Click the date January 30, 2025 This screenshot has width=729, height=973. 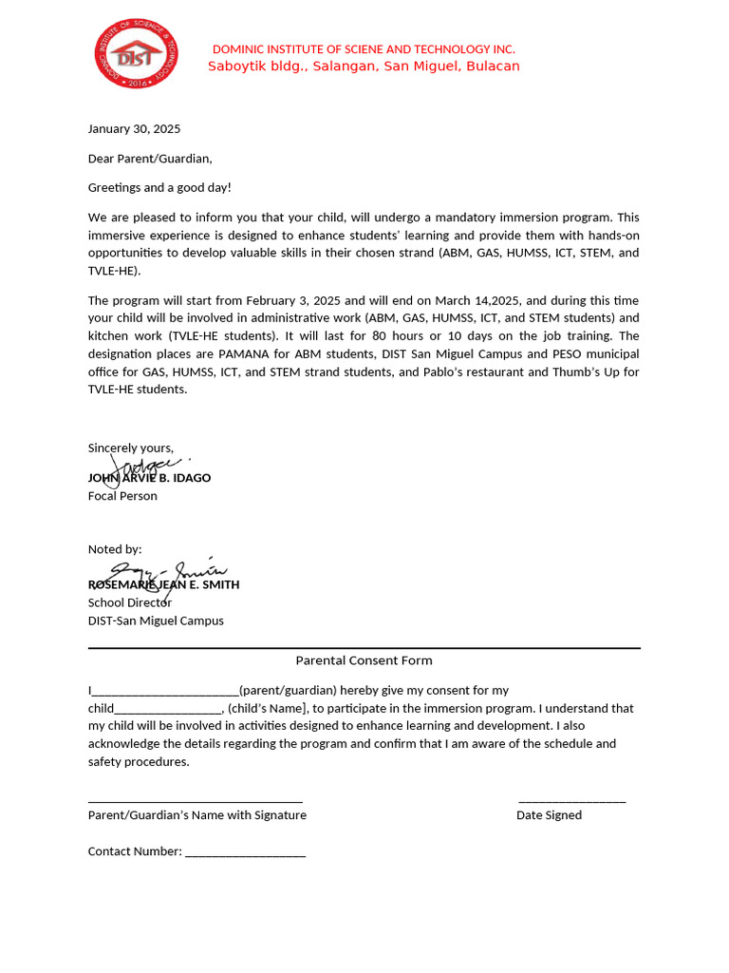pos(134,129)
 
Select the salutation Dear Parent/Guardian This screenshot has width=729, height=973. pos(150,159)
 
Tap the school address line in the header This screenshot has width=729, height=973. pos(364,67)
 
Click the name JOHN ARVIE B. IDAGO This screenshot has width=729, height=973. pos(149,478)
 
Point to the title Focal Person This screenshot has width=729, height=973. pos(122,496)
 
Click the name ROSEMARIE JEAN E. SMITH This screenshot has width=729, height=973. pos(163,584)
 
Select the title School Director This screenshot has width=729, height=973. pos(130,602)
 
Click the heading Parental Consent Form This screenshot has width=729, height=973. pos(364,660)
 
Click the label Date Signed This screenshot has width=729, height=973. pos(549,815)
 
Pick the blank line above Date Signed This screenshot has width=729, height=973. pos(571,801)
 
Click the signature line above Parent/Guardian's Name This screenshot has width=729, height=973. pos(195,801)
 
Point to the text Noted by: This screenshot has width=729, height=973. pos(115,549)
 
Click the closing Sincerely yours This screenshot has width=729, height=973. pos(131,448)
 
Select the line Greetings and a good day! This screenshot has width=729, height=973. pos(159,188)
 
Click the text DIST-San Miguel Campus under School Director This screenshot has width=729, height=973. pos(156,620)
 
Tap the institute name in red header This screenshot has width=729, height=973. pos(364,49)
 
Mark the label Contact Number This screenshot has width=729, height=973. pos(134,851)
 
